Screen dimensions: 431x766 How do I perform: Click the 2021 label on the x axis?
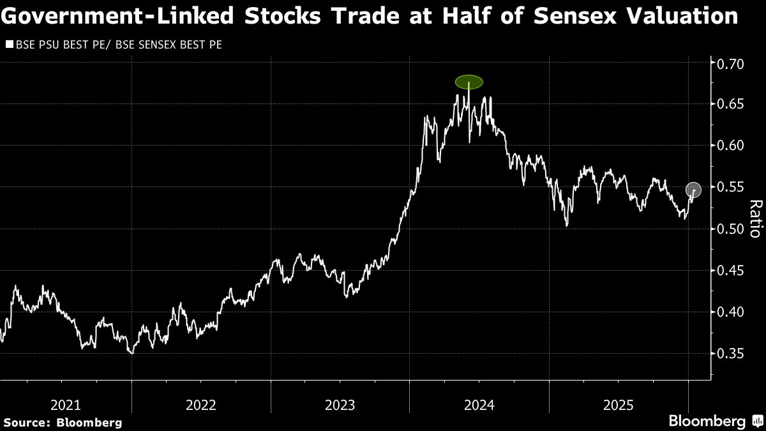66,404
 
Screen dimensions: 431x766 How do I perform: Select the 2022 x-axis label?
201,404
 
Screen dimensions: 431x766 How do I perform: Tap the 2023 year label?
340,404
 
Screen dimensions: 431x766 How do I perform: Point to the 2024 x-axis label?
479,404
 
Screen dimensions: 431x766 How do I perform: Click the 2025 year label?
618,404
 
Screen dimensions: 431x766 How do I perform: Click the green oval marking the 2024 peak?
469,82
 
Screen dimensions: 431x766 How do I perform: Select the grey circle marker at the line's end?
694,190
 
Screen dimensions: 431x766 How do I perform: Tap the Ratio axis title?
755,218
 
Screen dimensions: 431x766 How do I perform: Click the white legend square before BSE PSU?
9,45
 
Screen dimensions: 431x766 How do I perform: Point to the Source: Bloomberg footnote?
62,423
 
